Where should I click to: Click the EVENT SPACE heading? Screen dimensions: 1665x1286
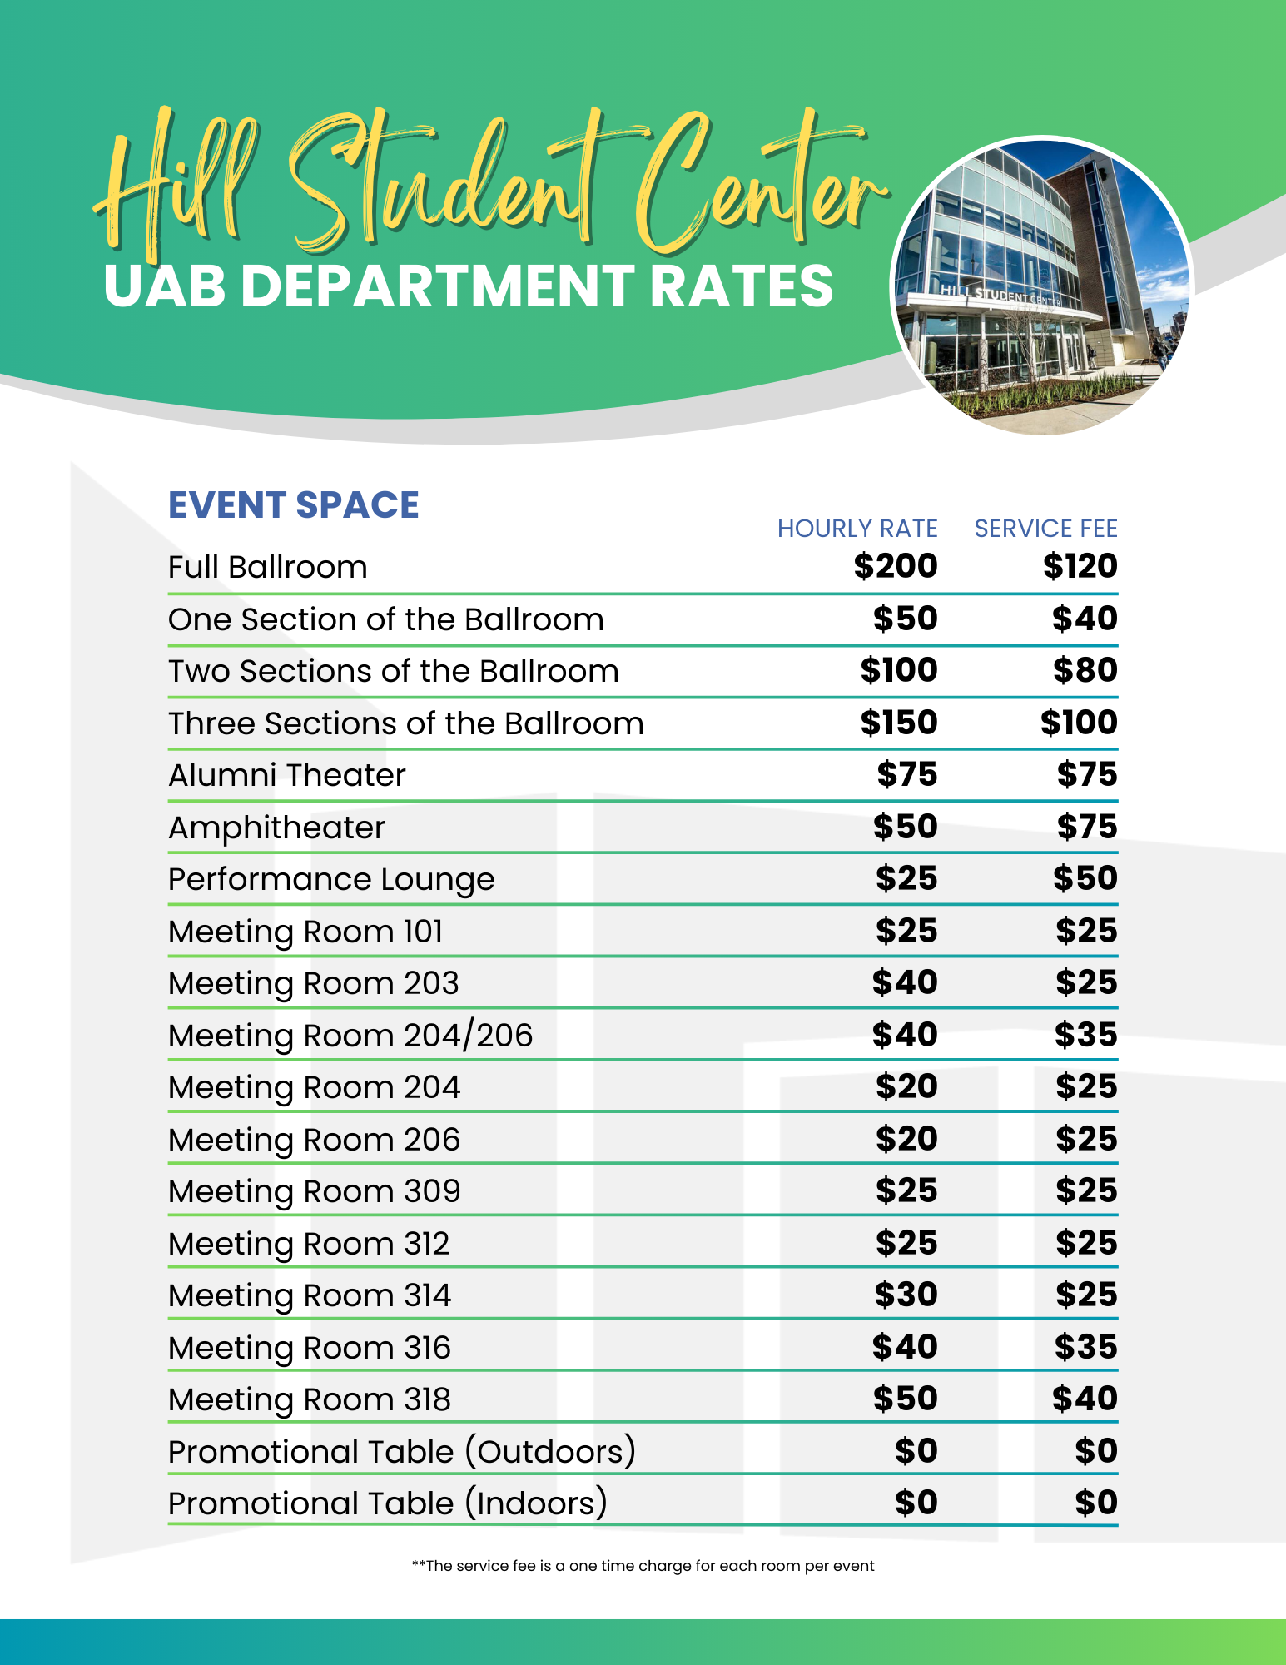tap(293, 505)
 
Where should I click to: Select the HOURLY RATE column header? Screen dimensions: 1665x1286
tap(857, 529)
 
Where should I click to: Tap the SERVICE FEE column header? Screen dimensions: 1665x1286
tap(1045, 529)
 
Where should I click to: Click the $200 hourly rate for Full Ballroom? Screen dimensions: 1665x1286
tap(896, 566)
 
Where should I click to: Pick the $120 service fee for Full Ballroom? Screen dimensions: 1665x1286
tap(1080, 566)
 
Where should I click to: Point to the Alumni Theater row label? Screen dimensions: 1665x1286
tap(286, 775)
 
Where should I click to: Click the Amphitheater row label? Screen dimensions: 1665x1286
tap(276, 828)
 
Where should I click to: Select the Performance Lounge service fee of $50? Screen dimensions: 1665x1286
tap(1085, 878)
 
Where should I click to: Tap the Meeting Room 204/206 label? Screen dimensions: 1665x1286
tap(350, 1036)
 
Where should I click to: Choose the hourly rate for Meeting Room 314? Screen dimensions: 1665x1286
tap(906, 1295)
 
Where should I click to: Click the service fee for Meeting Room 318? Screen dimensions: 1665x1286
tap(1085, 1399)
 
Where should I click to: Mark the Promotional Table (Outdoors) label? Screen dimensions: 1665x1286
tap(401, 1452)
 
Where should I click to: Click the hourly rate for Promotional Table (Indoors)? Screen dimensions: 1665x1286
tap(916, 1503)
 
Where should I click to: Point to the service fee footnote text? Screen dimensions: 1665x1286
tap(643, 1566)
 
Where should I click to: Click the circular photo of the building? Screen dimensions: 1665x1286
tap(1042, 285)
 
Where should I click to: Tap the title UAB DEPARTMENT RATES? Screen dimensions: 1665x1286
tap(468, 286)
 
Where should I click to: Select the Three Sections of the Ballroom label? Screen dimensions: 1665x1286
tap(405, 723)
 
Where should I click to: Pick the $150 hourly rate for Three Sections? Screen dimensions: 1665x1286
tap(899, 722)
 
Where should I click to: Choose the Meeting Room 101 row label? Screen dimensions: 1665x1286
tap(305, 932)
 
